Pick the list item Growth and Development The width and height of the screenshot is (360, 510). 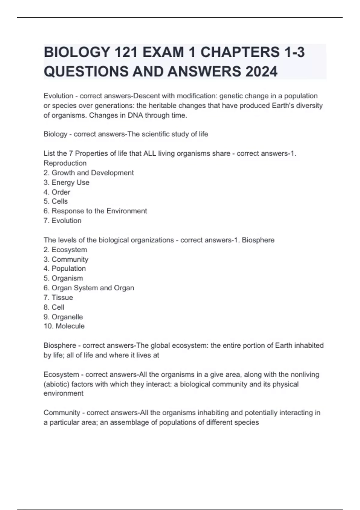tap(89, 173)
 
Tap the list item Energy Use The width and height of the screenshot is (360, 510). tap(67, 182)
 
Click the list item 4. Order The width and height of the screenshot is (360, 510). tap(57, 192)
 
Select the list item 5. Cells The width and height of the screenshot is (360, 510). tap(56, 201)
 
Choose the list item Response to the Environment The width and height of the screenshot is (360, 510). tap(95, 211)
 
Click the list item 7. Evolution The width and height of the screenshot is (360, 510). tap(63, 220)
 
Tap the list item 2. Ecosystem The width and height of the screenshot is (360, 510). tap(65, 250)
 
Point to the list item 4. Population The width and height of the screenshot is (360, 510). tap(65, 268)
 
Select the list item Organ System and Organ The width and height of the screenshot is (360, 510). tap(89, 288)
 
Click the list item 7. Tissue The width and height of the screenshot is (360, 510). tap(58, 297)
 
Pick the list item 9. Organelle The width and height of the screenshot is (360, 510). tap(63, 317)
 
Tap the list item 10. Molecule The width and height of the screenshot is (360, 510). tap(64, 326)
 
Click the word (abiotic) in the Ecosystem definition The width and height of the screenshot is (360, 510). tap(56, 384)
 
